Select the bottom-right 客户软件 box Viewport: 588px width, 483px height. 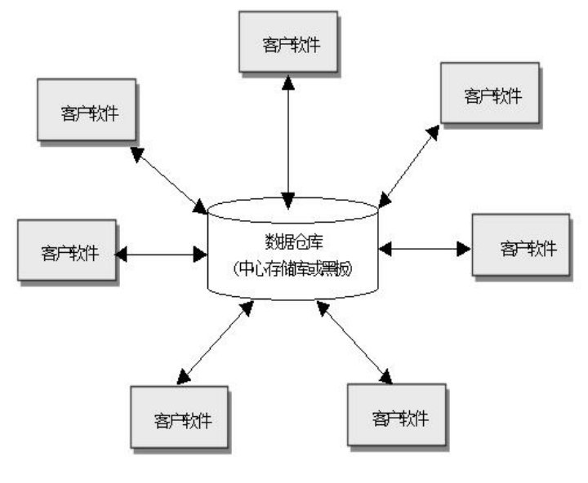[399, 417]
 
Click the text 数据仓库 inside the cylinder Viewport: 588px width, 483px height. [292, 240]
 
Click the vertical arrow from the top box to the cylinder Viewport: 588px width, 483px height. [287, 139]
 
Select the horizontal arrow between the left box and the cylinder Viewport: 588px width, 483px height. [162, 254]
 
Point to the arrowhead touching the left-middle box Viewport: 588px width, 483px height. [122, 254]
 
